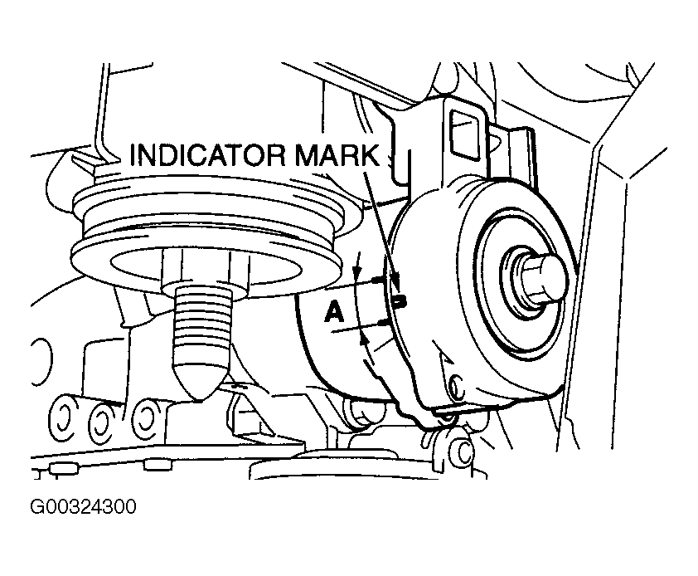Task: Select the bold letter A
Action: point(333,312)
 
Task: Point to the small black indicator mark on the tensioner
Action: point(399,300)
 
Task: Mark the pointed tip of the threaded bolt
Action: point(201,390)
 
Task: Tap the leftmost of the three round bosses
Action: point(63,412)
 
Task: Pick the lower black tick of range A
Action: point(383,321)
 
